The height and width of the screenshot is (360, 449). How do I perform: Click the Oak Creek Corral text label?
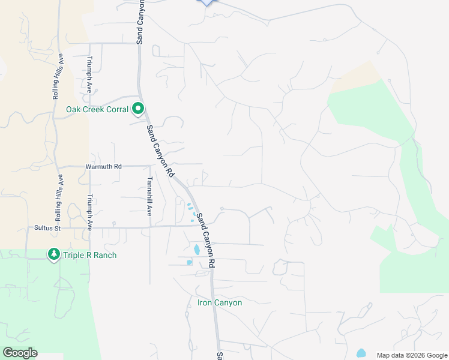[98, 109]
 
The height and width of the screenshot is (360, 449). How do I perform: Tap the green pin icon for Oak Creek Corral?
[138, 109]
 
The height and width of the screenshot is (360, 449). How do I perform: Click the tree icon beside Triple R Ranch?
[54, 255]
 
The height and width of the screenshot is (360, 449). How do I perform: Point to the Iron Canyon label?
[220, 302]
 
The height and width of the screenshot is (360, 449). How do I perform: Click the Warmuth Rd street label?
[103, 166]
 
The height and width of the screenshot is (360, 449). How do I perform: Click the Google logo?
[20, 353]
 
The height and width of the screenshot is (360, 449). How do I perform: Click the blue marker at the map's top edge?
[206, 2]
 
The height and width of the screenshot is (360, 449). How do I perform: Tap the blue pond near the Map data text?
[361, 353]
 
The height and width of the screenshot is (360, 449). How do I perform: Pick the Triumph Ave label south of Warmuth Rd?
[89, 212]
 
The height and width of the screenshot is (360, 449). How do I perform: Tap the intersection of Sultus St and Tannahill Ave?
[149, 227]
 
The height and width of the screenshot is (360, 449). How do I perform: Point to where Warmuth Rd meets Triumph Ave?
[89, 166]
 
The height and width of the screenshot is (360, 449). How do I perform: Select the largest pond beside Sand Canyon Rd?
[196, 249]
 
